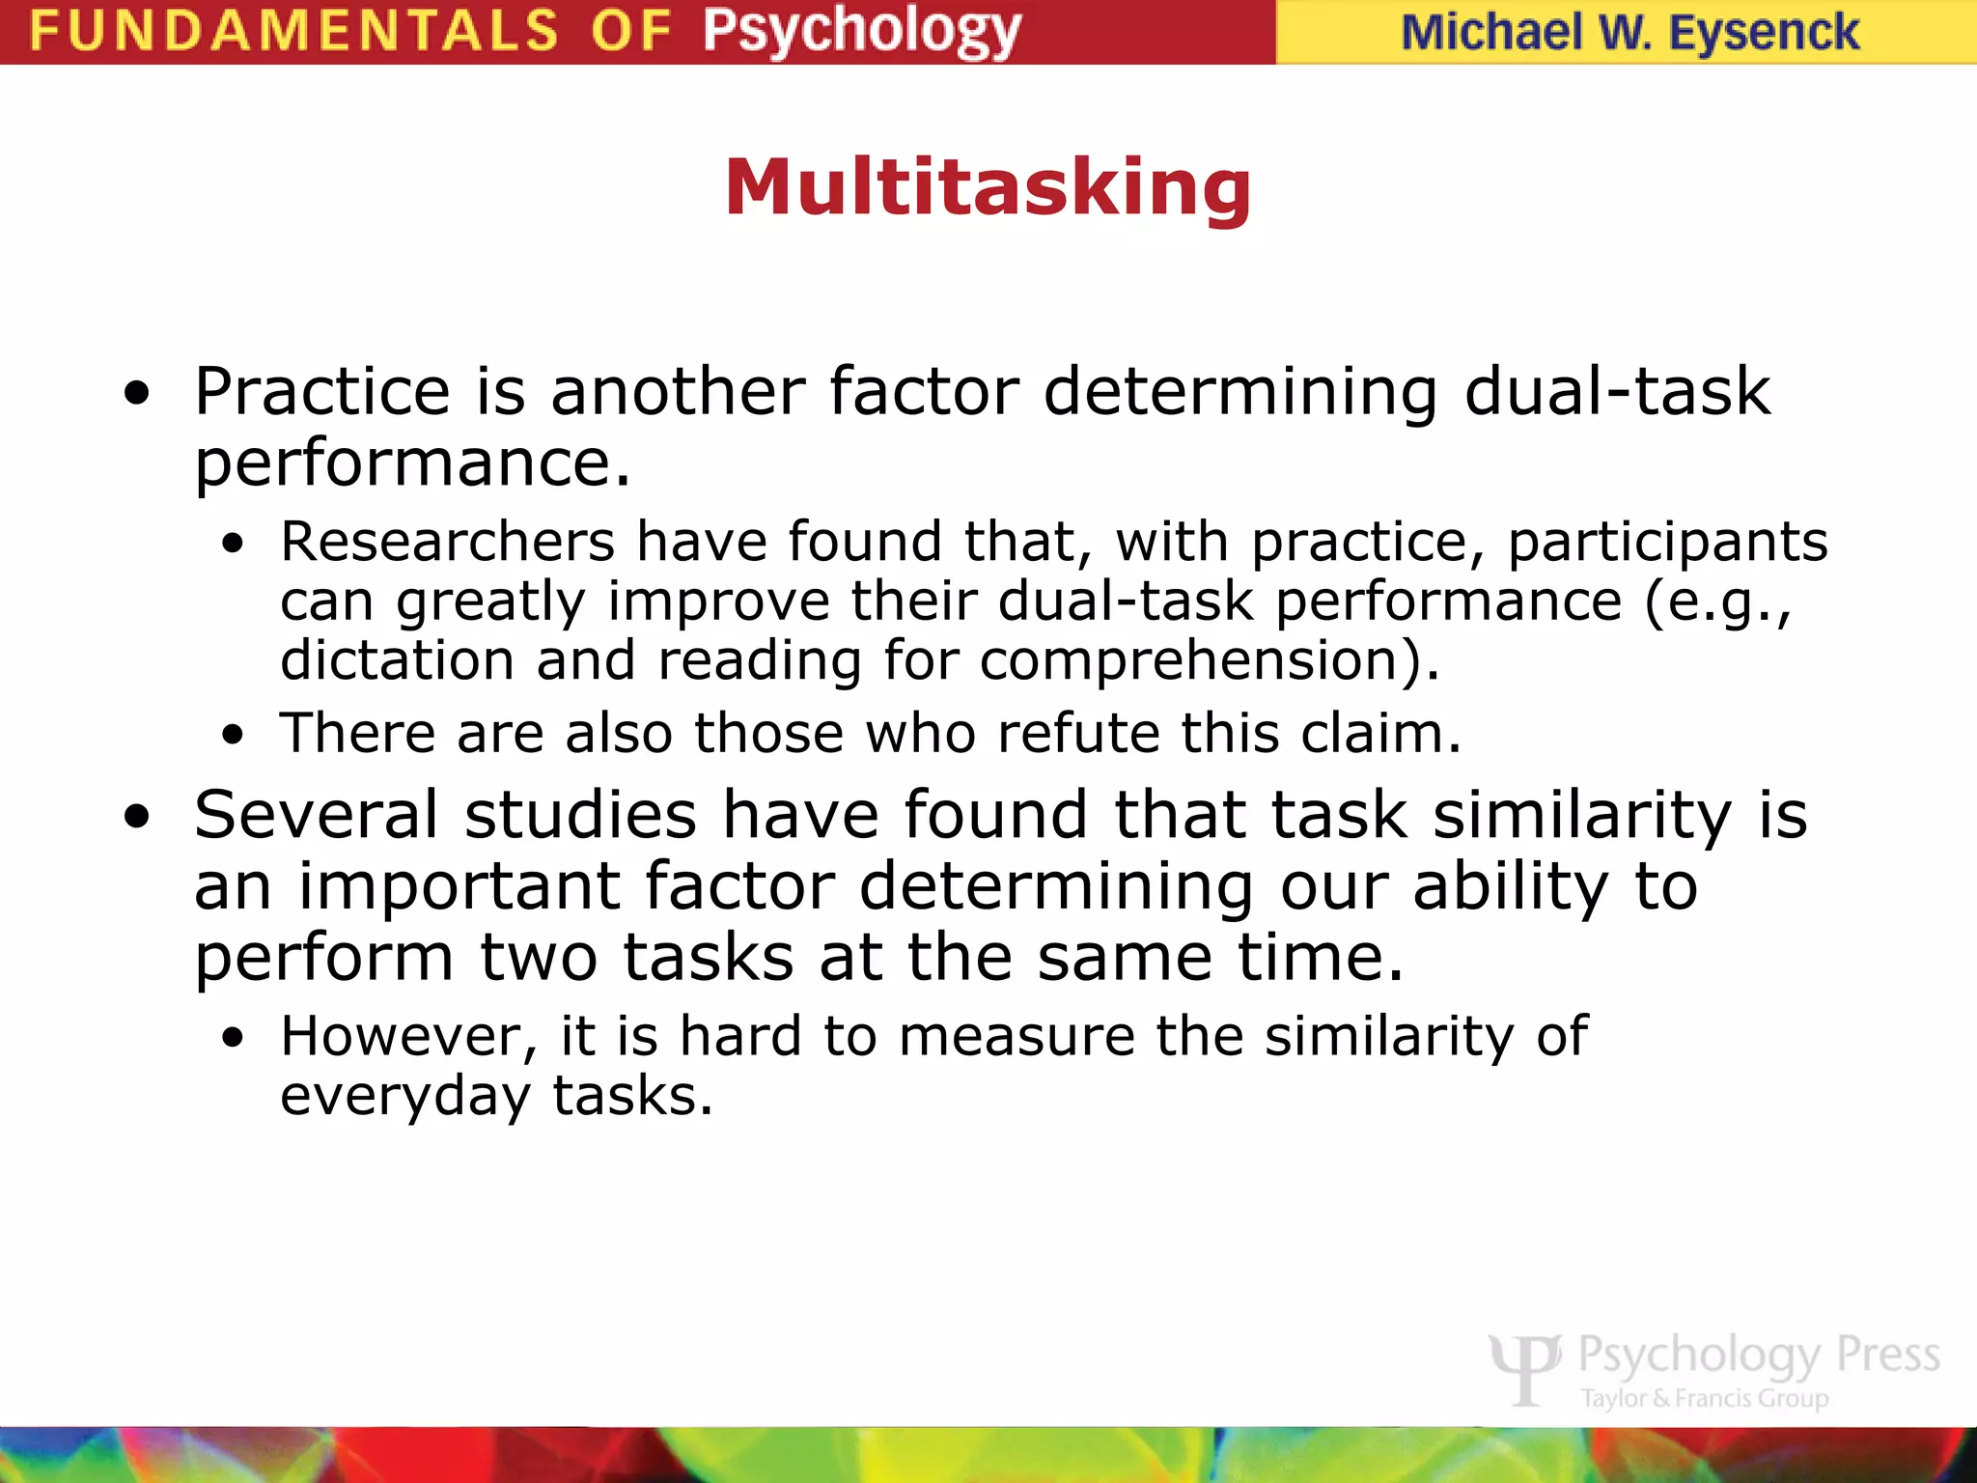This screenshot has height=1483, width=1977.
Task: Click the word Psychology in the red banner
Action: point(861,31)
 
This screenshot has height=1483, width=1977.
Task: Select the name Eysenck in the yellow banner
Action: point(1763,33)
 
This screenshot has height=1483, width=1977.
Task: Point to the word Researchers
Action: point(447,541)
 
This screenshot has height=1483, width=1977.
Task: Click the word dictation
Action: point(397,660)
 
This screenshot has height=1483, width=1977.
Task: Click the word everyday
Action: point(405,1097)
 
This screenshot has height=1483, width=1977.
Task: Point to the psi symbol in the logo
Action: point(1524,1367)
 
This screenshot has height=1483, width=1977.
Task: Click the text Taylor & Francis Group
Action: point(1705,1398)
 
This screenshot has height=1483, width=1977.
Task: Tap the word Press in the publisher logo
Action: point(1887,1354)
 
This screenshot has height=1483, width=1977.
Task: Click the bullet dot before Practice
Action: point(138,394)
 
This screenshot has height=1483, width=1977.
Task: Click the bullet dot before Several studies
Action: point(138,817)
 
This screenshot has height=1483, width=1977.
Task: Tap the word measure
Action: point(1016,1036)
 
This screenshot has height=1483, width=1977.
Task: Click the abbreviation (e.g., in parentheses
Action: point(1717,602)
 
